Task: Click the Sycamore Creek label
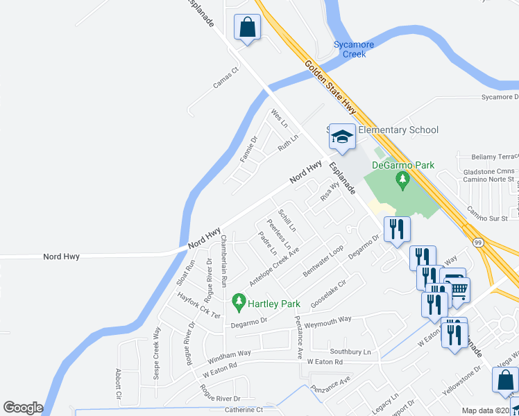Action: pos(354,49)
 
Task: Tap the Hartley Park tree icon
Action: pos(239,302)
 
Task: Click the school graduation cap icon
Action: pos(341,137)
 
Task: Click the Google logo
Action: pos(23,408)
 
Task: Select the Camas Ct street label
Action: pos(226,77)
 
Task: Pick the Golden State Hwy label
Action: pos(330,86)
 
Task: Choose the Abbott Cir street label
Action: pos(119,388)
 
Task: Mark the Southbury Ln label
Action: pos(350,352)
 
